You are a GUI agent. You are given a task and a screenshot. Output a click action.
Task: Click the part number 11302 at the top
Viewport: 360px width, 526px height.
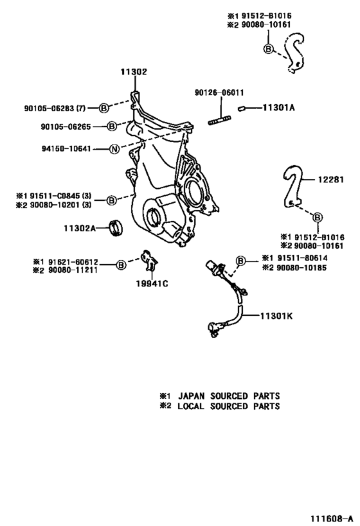(134, 73)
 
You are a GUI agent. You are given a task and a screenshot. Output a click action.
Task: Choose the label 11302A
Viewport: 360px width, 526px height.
(79, 228)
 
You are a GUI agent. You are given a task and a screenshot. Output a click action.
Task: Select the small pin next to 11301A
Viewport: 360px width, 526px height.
(243, 109)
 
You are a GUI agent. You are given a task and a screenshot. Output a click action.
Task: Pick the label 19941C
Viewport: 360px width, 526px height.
(152, 285)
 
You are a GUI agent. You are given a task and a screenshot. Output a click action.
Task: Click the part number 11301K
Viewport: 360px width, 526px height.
(277, 315)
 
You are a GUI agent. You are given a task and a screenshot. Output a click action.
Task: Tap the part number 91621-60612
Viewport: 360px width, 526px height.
(69, 261)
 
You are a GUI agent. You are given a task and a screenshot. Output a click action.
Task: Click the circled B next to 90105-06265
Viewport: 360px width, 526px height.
(111, 127)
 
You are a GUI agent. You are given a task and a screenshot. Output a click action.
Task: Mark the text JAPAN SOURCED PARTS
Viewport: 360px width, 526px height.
(228, 396)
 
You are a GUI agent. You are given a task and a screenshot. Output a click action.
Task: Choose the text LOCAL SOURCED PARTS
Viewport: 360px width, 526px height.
(228, 406)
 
